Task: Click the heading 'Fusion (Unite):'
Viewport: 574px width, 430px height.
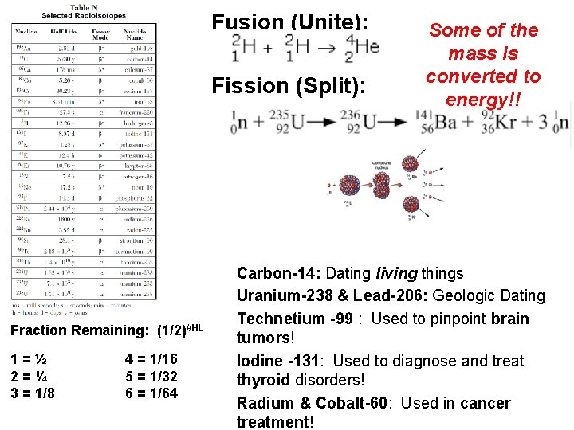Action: (290, 22)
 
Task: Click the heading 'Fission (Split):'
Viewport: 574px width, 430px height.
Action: (290, 84)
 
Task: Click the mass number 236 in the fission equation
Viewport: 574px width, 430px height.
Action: (350, 115)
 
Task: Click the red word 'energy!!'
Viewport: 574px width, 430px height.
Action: (483, 100)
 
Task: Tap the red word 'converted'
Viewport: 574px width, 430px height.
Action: (483, 76)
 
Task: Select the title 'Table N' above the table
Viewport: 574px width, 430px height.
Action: (84, 8)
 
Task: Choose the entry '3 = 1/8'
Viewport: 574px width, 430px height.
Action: (33, 393)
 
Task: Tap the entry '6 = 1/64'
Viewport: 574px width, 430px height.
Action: (151, 393)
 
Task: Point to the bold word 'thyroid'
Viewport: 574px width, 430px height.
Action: (267, 381)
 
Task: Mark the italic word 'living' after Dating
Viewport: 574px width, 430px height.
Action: (397, 274)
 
